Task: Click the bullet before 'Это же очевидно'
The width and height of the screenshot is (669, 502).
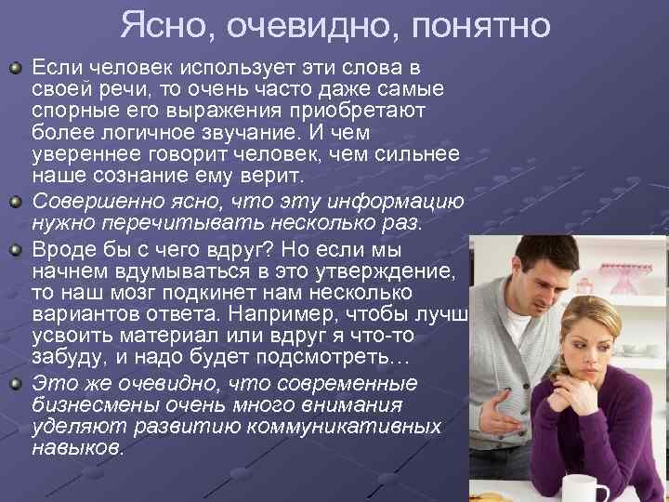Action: click(16, 382)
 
